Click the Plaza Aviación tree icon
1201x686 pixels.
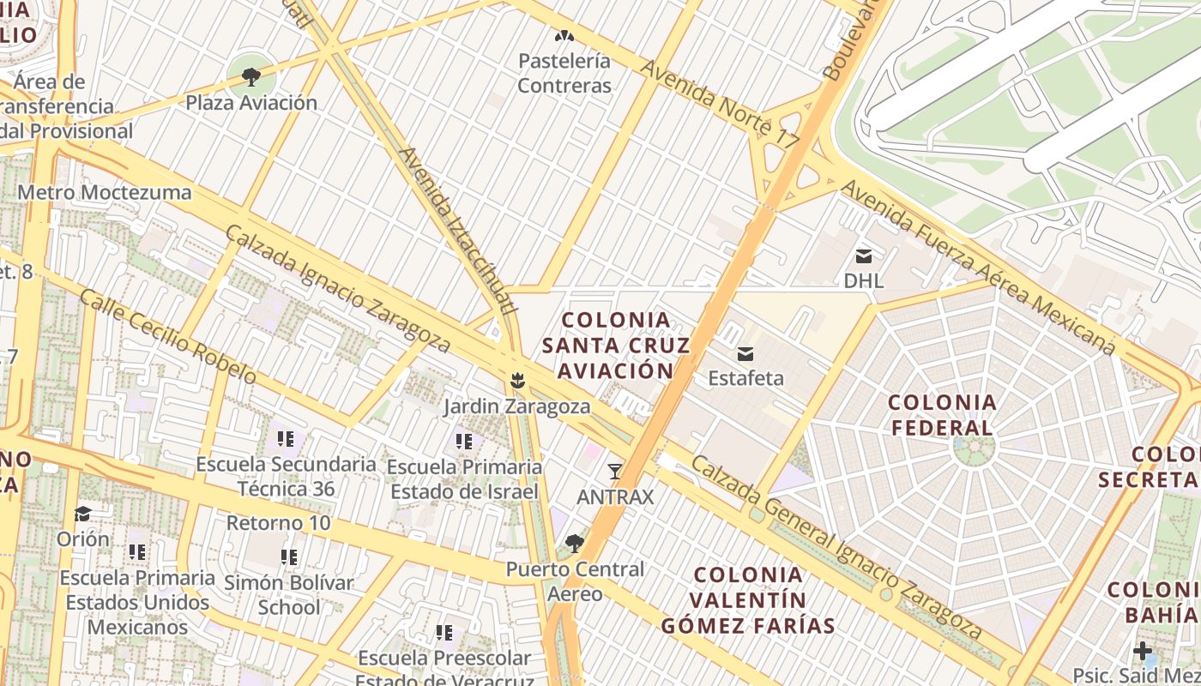coord(250,78)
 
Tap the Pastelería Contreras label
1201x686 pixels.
coord(564,74)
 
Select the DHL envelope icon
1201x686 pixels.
coord(863,256)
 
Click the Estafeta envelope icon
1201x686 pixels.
coord(745,353)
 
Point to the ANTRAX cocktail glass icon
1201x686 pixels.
coord(614,471)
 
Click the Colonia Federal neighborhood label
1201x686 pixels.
coord(942,415)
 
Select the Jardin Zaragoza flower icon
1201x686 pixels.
coord(516,380)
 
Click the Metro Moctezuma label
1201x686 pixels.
coord(105,192)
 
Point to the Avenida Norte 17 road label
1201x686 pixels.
coord(719,106)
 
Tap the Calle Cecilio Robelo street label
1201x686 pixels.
coord(168,336)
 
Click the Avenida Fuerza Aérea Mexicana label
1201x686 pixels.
coord(978,266)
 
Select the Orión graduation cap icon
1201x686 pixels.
coord(83,514)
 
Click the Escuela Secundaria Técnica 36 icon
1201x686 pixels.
coord(286,439)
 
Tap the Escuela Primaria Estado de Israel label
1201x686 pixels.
coord(464,479)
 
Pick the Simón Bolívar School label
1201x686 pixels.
coord(289,595)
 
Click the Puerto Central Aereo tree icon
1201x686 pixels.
coord(574,544)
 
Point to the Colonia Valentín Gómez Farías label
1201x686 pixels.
coord(748,600)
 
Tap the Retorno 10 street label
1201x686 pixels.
coord(278,523)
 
